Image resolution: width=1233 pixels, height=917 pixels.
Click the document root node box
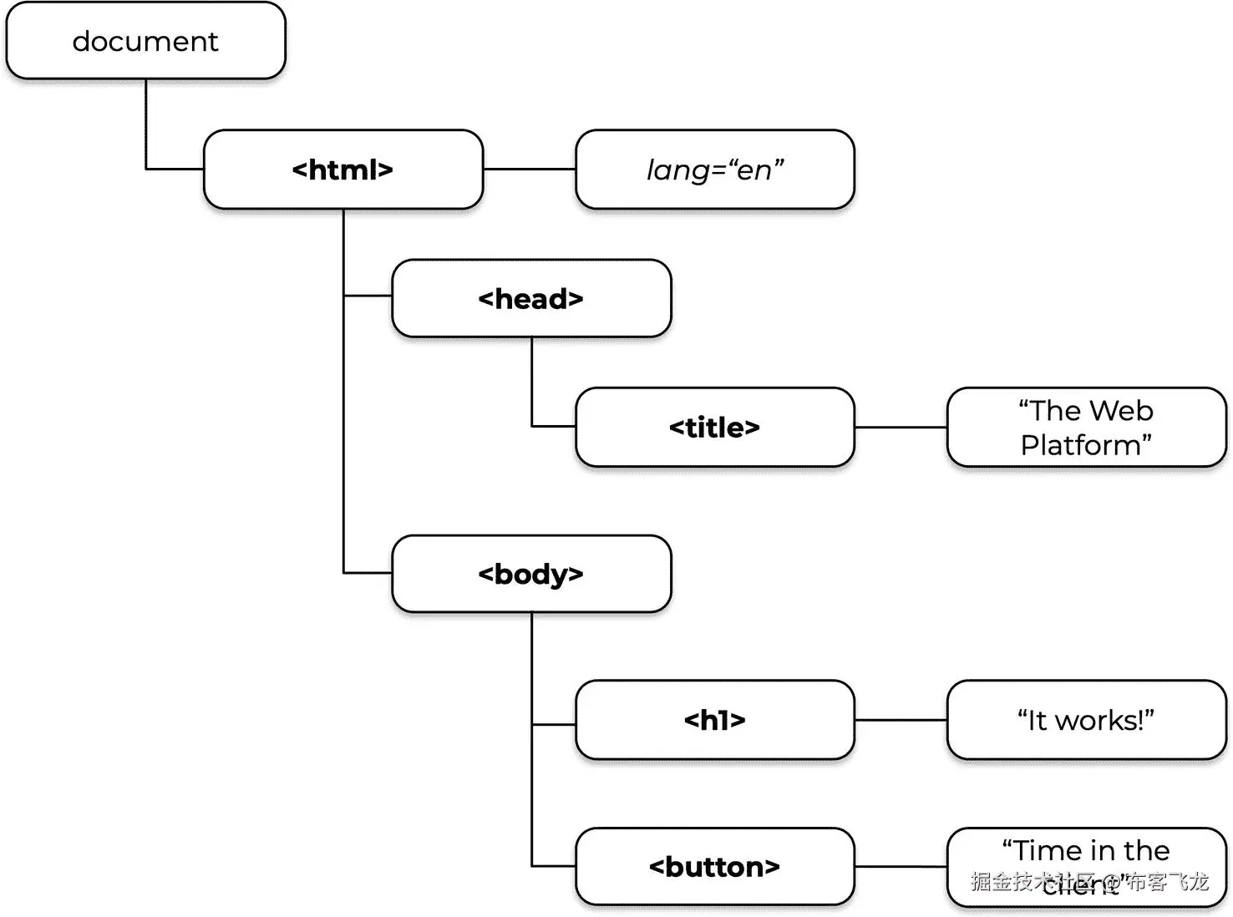[x=145, y=41]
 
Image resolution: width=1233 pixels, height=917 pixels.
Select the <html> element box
[x=342, y=170]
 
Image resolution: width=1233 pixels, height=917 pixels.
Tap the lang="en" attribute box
[x=714, y=170]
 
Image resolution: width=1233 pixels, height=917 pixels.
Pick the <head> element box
[x=530, y=298]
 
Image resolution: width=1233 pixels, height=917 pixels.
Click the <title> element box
[x=714, y=427]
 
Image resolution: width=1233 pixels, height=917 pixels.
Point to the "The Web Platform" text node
[x=1086, y=427]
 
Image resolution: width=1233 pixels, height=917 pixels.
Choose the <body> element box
[x=530, y=574]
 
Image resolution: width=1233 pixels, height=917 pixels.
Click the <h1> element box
[x=714, y=719]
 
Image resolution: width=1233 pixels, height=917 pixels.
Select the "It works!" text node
[x=1086, y=719]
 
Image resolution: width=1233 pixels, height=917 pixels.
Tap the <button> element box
[x=714, y=866]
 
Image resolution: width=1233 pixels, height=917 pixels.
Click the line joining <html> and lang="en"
[x=529, y=169]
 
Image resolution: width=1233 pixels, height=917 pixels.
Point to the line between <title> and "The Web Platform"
[x=901, y=427]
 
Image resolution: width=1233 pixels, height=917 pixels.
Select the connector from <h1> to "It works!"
[x=901, y=719]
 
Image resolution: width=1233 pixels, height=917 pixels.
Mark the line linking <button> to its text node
[x=901, y=866]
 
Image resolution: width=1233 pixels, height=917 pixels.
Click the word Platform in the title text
[x=1080, y=445]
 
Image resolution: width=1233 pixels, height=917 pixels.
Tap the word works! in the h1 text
[x=1103, y=720]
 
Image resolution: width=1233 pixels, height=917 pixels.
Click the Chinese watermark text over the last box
[x=1089, y=882]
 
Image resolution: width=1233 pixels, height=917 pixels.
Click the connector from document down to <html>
[x=146, y=125]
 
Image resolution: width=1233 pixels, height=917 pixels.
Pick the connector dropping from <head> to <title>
[x=532, y=384]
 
